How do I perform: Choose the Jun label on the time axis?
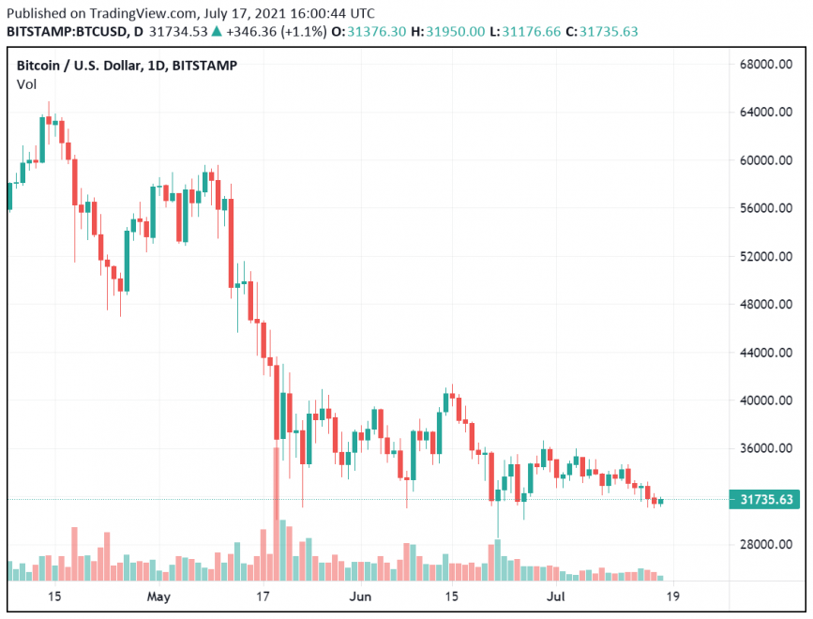click(x=360, y=596)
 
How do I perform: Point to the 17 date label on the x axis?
click(x=263, y=596)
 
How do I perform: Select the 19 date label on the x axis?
click(x=672, y=596)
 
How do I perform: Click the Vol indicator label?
click(x=26, y=85)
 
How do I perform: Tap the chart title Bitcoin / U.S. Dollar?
click(x=76, y=66)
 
